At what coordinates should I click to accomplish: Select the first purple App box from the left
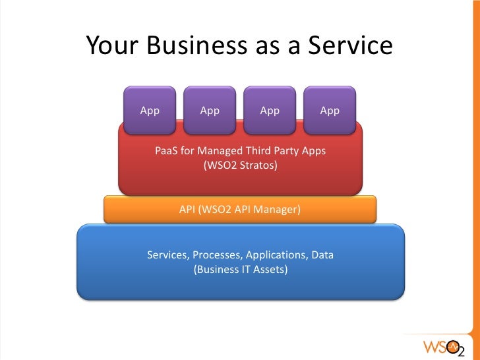pyautogui.click(x=150, y=109)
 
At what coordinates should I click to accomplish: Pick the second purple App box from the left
pyautogui.click(x=210, y=109)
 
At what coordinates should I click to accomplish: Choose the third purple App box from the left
pyautogui.click(x=270, y=109)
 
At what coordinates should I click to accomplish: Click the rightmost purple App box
pyautogui.click(x=330, y=109)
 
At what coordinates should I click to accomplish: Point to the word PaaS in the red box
pyautogui.click(x=166, y=151)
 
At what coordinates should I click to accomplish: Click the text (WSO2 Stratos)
pyautogui.click(x=241, y=165)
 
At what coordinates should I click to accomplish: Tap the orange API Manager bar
pyautogui.click(x=240, y=210)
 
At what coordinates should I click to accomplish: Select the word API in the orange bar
pyautogui.click(x=189, y=210)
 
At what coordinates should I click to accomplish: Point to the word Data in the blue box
pyautogui.click(x=321, y=255)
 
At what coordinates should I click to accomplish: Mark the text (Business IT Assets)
pyautogui.click(x=241, y=269)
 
